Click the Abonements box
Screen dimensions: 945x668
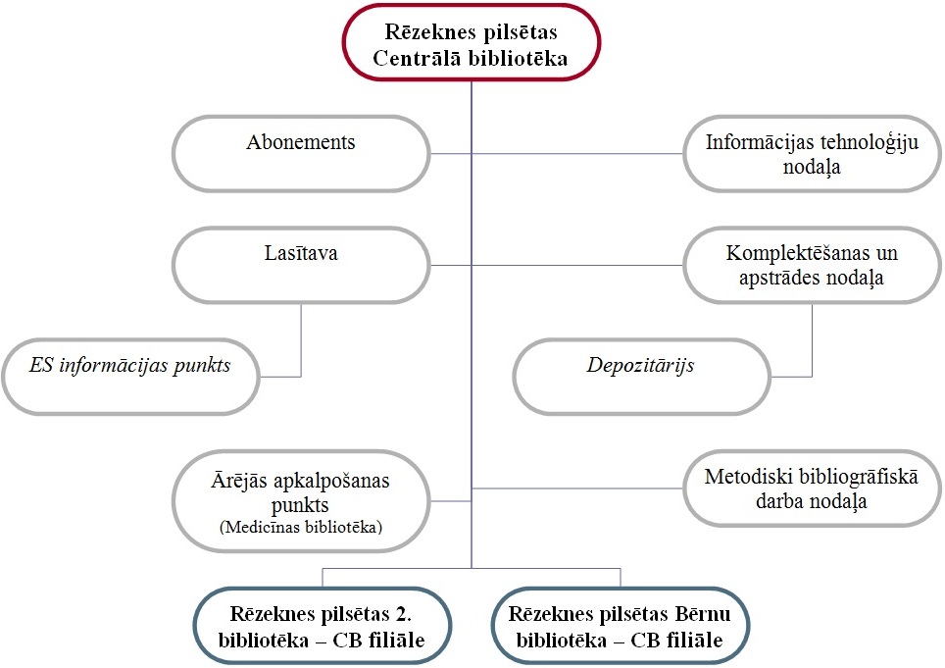tap(301, 154)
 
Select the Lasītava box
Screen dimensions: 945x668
tap(301, 265)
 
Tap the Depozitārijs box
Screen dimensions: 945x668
tap(641, 377)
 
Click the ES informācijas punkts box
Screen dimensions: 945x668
tap(130, 377)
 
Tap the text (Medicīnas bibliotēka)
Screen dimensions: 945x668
tap(301, 527)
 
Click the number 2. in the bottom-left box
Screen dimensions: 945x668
tap(404, 614)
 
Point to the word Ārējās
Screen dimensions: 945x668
tap(239, 481)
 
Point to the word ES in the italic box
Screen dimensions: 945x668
tap(41, 365)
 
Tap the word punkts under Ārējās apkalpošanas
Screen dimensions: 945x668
tap(300, 505)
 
